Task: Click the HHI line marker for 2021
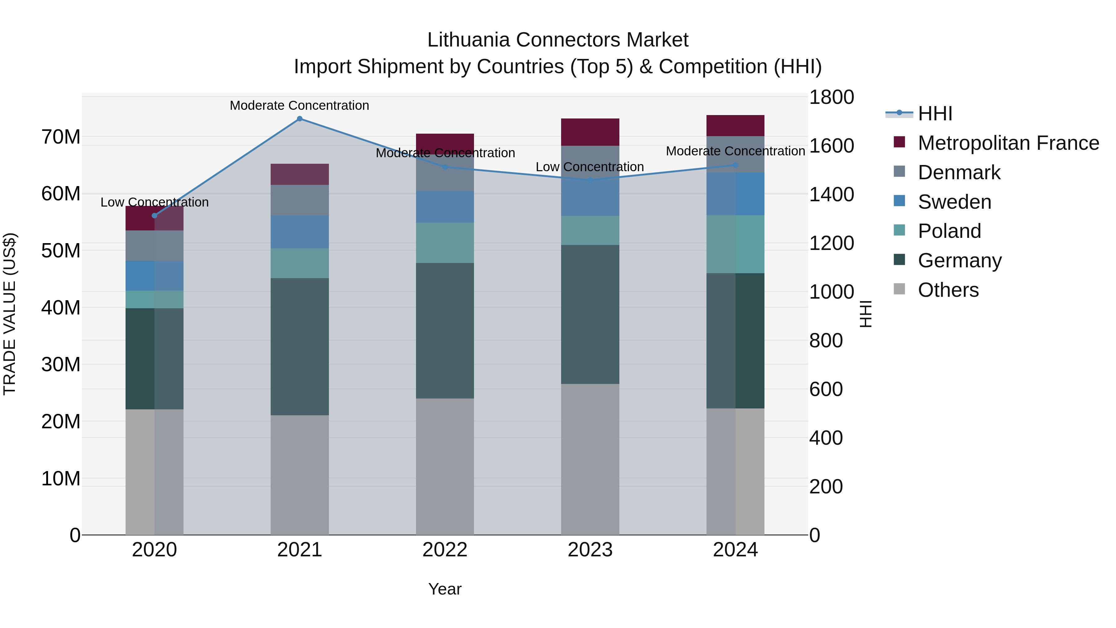(299, 119)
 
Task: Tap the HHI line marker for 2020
(155, 216)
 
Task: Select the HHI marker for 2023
(590, 180)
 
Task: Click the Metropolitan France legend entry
(1008, 143)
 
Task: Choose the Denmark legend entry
(959, 172)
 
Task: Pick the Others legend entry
(948, 290)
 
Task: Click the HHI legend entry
(935, 114)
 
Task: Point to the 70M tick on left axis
(61, 137)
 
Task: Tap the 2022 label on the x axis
(445, 550)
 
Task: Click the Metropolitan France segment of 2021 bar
(299, 174)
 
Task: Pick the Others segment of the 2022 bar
(445, 466)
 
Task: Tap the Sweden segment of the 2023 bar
(590, 197)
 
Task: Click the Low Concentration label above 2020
(155, 203)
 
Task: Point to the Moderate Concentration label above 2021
(299, 105)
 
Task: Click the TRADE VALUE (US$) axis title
(10, 314)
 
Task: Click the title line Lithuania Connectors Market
(558, 40)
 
